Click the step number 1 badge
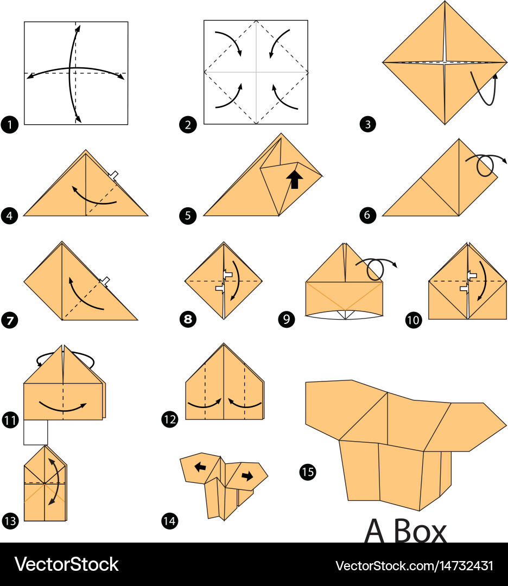10,124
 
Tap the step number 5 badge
188,215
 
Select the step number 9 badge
287,319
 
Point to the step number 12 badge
169,419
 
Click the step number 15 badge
308,472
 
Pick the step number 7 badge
10,320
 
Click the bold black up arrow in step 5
295,180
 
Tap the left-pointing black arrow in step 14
200,467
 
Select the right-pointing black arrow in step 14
247,476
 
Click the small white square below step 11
35,432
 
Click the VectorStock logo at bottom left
67,564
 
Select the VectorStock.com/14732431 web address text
414,565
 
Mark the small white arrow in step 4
113,175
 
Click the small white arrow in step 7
105,282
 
